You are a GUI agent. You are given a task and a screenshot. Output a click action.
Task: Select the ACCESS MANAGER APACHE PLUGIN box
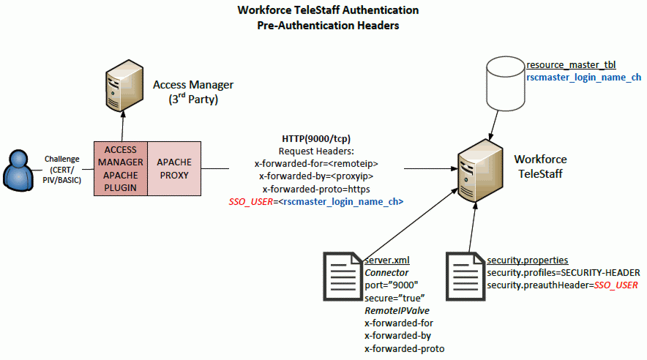tap(121, 169)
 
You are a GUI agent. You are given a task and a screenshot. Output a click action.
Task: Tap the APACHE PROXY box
tap(174, 169)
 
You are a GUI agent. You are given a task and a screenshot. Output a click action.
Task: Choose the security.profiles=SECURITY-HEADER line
tap(564, 272)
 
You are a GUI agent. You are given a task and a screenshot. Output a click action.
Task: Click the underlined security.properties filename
tap(528, 260)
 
